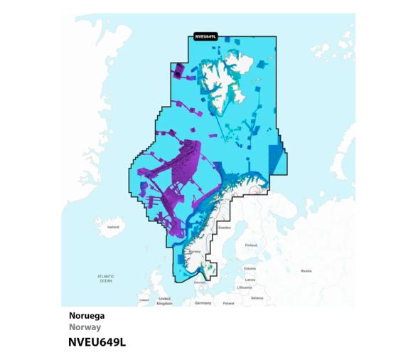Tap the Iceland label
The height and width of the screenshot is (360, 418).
(x=113, y=227)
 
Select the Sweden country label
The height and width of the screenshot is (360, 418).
(x=225, y=228)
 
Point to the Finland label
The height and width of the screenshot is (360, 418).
(x=250, y=245)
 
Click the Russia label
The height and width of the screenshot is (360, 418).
(x=306, y=270)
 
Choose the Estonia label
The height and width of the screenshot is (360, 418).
(x=250, y=268)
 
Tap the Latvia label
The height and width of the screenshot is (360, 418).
(x=249, y=279)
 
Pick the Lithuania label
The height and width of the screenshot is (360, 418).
(x=245, y=287)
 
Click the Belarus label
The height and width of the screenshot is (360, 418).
(x=257, y=297)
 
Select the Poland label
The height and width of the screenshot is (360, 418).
(x=228, y=302)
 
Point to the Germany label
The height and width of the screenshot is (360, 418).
(x=203, y=302)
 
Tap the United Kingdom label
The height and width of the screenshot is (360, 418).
(x=164, y=300)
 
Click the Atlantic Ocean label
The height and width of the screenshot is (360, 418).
(x=105, y=278)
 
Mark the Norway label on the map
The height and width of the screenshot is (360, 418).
(x=196, y=251)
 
